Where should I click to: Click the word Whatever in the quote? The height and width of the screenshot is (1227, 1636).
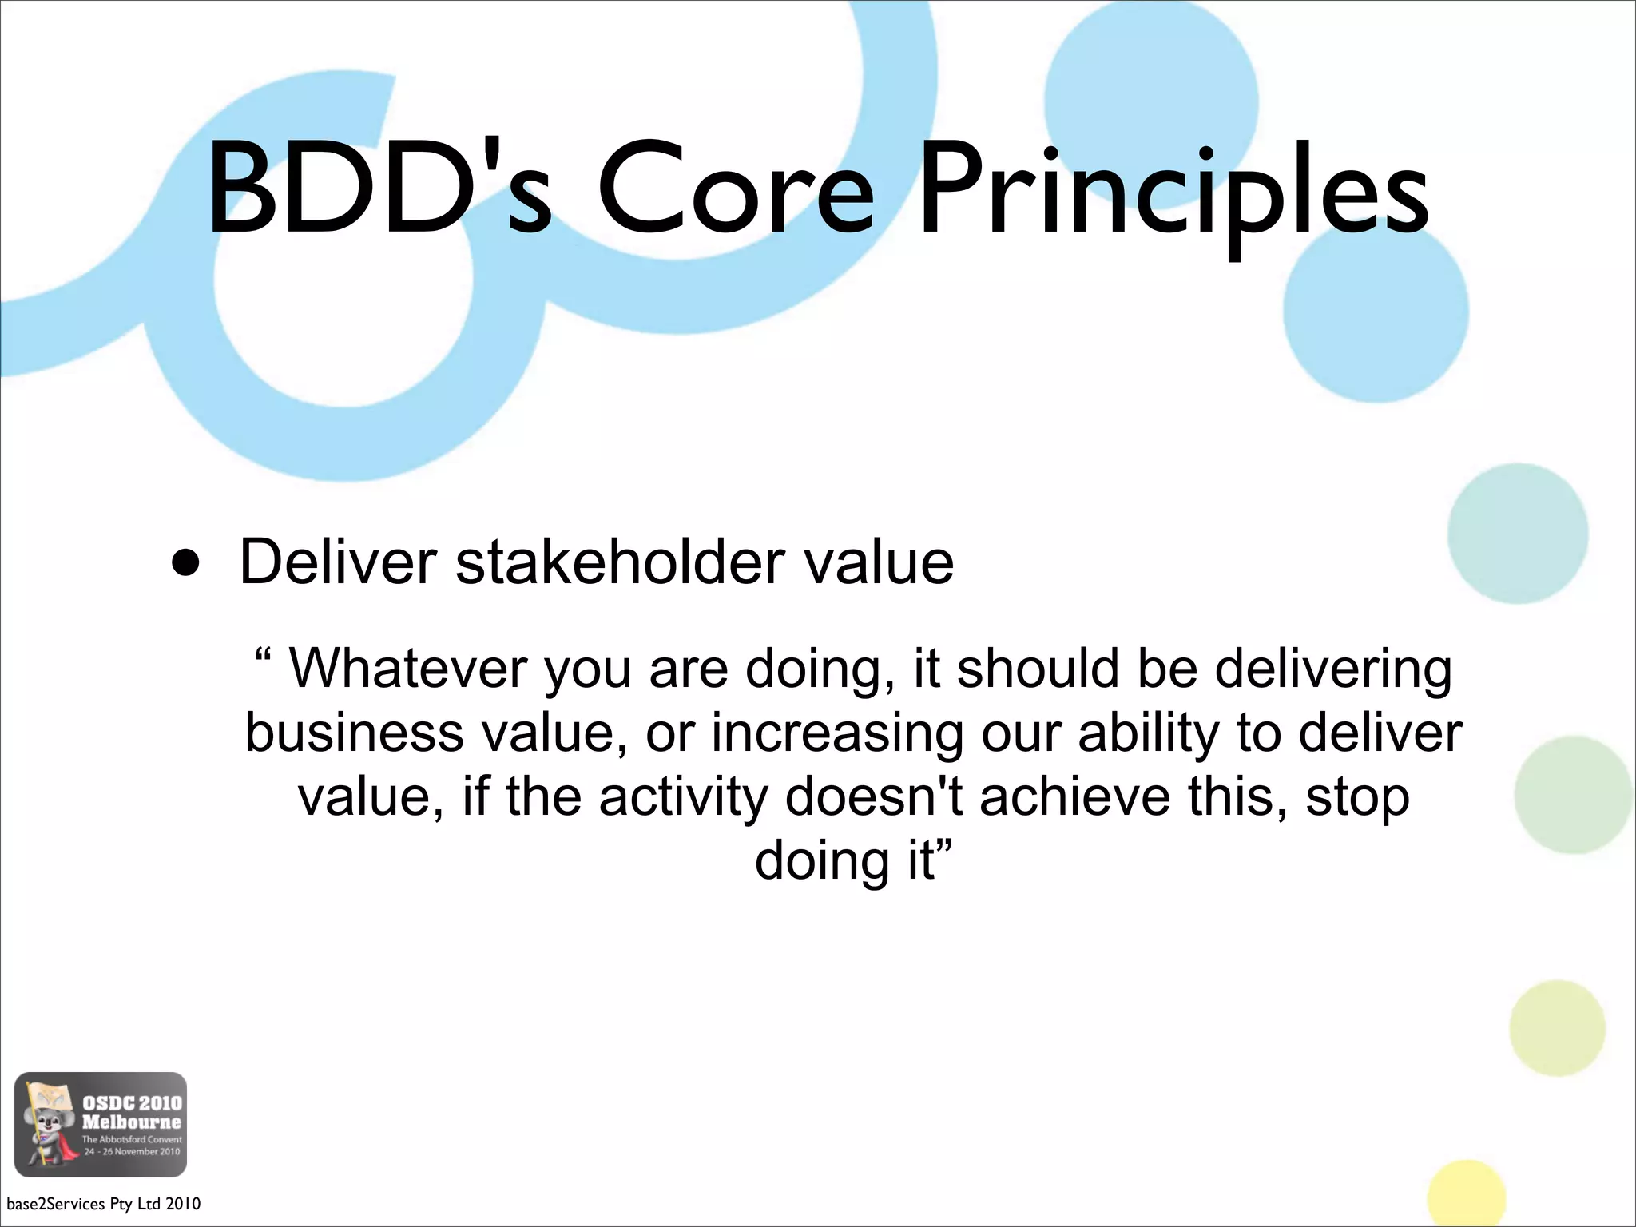[407, 668]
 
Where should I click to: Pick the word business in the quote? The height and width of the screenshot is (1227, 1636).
[354, 733]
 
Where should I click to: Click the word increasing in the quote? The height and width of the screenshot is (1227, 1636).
[837, 733]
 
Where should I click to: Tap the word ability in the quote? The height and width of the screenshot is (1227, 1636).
[1148, 733]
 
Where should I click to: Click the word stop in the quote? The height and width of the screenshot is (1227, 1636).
[1357, 798]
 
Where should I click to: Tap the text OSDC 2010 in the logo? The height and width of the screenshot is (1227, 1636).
[132, 1102]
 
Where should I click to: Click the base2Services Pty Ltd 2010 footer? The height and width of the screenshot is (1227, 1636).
[103, 1203]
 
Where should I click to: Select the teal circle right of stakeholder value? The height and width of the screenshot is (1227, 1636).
[1517, 534]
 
